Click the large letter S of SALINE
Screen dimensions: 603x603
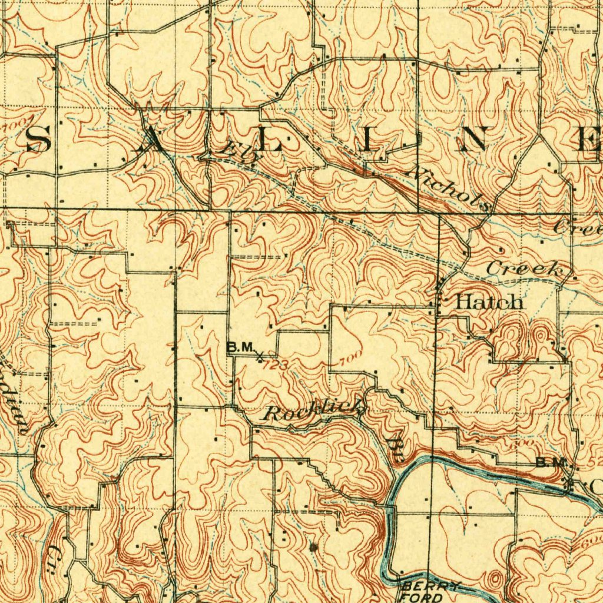coord(38,140)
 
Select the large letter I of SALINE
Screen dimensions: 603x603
coord(369,141)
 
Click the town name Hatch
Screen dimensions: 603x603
coord(489,302)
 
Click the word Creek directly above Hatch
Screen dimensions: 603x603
coord(524,269)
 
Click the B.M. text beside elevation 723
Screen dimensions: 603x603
coord(240,348)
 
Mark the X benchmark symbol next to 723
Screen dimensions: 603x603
coord(260,355)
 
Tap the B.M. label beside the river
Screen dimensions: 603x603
coord(550,463)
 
